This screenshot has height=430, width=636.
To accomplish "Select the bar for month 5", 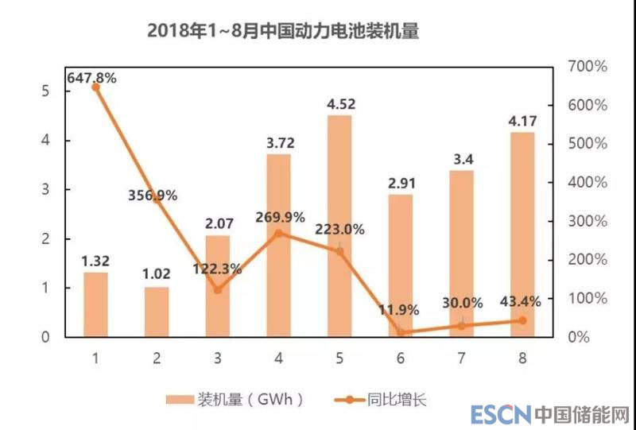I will (x=339, y=226).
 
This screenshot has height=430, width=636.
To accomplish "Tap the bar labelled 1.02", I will (x=157, y=312).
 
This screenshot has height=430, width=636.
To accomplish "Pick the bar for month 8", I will (x=522, y=234).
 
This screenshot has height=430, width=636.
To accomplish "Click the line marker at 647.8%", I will (x=95, y=87).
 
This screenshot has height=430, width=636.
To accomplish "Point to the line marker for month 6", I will (x=401, y=332).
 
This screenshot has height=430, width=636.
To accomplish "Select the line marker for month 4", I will (x=278, y=233).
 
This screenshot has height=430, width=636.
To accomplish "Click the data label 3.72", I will (x=278, y=143).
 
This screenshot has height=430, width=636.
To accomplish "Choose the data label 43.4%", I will (x=521, y=301).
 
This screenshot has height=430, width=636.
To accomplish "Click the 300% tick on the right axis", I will (x=588, y=221).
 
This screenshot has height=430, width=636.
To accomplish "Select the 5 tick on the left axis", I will (x=45, y=91).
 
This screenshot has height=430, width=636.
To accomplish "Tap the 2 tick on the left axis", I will (x=45, y=238).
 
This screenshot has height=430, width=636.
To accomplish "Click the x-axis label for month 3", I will (x=218, y=358).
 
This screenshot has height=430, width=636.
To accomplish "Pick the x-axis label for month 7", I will (x=462, y=358).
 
